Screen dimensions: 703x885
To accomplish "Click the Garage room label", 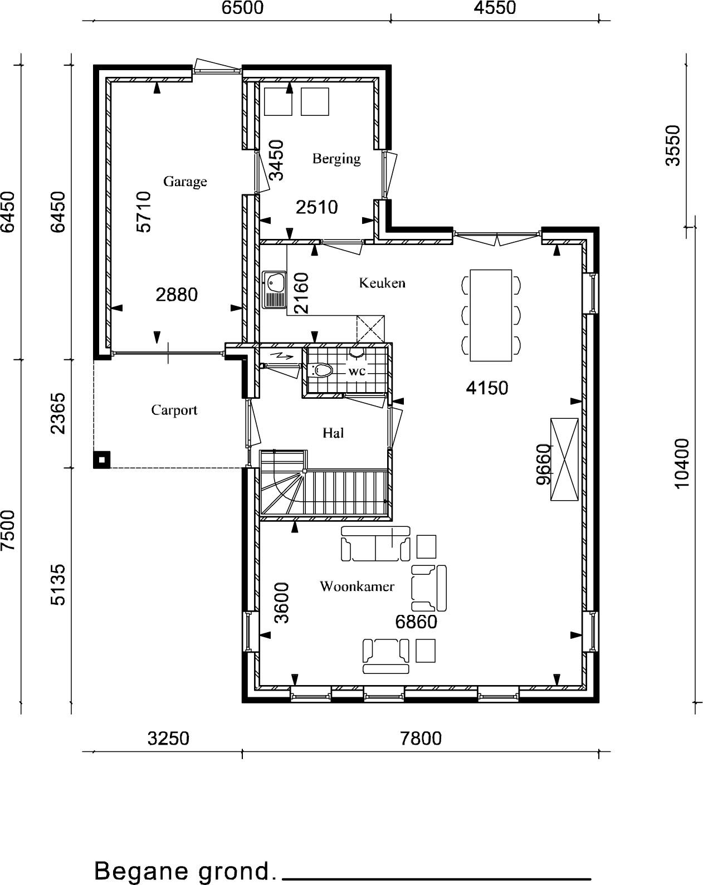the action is [x=185, y=182].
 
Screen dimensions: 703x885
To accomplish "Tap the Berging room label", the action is [x=336, y=158].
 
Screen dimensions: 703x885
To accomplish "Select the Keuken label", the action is [x=382, y=283].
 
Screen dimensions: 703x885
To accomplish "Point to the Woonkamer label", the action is [x=357, y=586].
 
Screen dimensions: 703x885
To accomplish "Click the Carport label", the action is [x=174, y=410].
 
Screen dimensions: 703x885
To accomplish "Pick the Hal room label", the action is [x=333, y=433].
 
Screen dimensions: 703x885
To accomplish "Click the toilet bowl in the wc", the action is [x=320, y=370].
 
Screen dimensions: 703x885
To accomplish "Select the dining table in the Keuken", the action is [x=491, y=315].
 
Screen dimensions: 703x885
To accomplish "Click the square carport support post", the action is [x=101, y=460].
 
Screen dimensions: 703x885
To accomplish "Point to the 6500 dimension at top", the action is [x=242, y=8].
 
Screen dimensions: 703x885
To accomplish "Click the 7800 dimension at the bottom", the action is [x=421, y=739].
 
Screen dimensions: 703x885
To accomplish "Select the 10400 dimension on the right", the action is [x=682, y=463].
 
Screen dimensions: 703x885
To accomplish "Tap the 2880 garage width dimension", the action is [x=177, y=295].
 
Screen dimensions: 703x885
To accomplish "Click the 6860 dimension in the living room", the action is [x=416, y=622].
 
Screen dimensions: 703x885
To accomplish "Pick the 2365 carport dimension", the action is [x=58, y=413].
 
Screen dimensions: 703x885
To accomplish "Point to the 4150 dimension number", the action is [x=487, y=388].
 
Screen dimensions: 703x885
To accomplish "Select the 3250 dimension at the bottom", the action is [x=168, y=739].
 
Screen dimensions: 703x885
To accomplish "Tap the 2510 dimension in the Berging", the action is [x=317, y=207].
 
